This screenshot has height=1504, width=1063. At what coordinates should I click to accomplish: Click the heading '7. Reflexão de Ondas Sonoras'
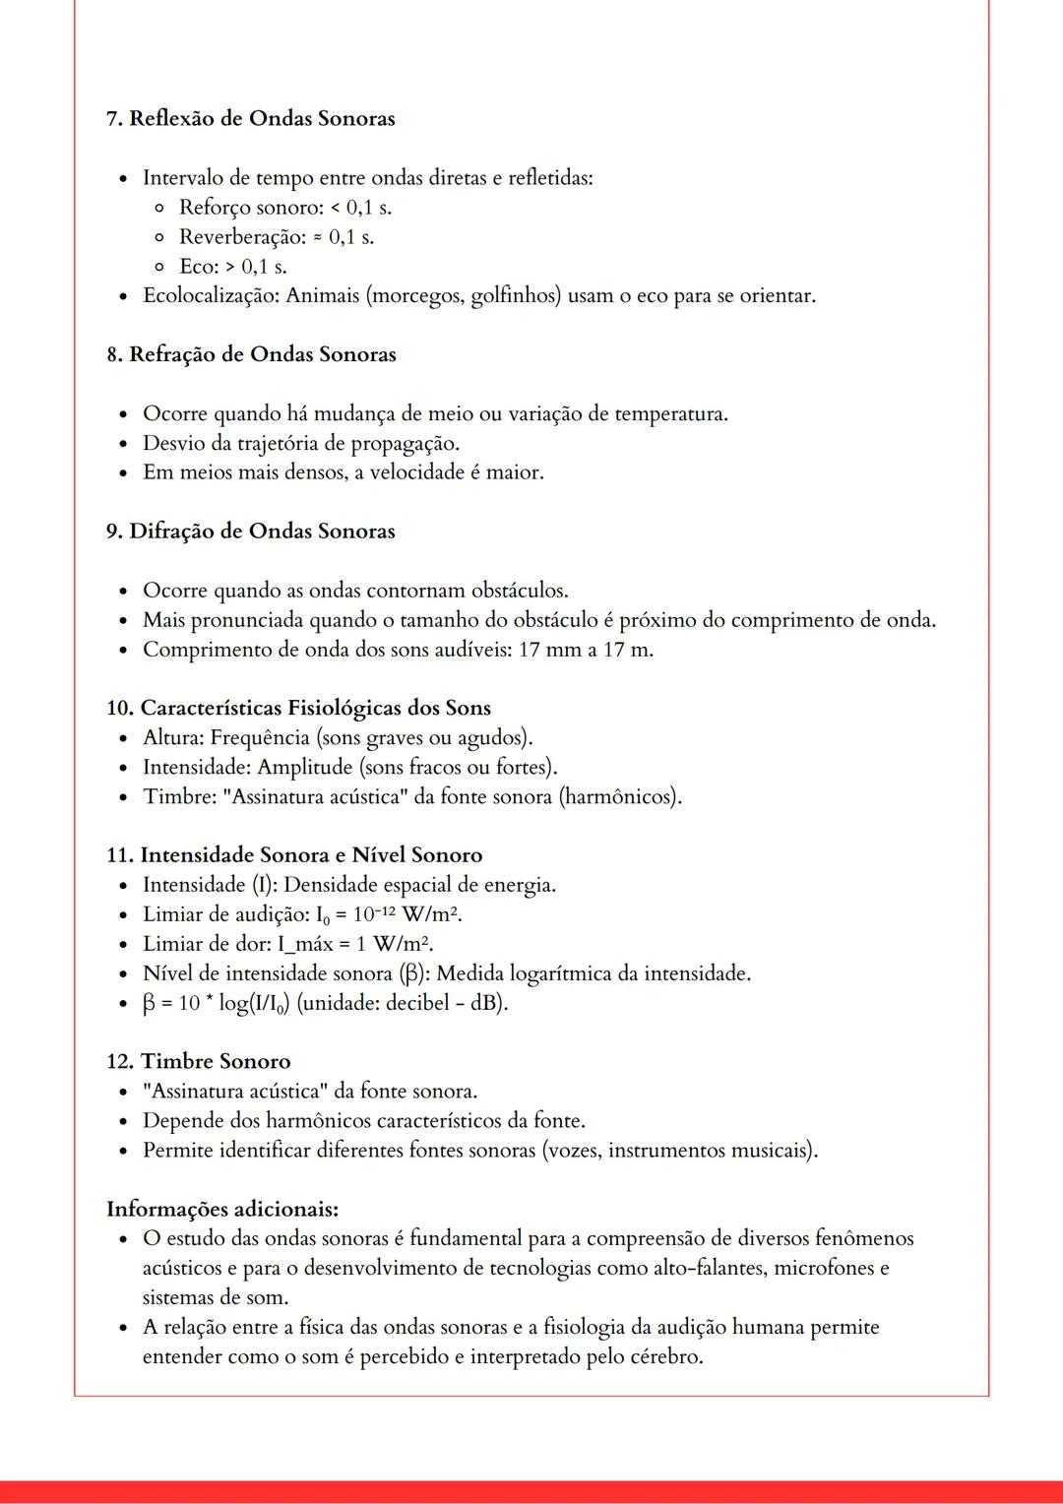click(x=250, y=118)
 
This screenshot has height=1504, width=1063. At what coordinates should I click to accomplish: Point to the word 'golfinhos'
click(x=513, y=295)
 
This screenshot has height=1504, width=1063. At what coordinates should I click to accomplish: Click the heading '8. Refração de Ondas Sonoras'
click(x=251, y=354)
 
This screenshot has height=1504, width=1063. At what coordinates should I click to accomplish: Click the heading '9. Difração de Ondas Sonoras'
click(x=250, y=532)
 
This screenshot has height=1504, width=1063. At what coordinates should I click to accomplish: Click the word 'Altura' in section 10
click(x=172, y=737)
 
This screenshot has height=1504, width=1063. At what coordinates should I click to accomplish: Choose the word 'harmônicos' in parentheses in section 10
click(x=620, y=796)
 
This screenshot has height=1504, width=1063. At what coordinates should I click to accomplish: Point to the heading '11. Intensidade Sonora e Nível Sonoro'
click(x=293, y=855)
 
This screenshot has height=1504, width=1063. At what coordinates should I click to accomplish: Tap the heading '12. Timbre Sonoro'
click(x=198, y=1061)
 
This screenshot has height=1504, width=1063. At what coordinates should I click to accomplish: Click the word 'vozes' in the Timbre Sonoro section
click(x=574, y=1150)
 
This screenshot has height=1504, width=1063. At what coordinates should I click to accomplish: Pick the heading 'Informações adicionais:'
click(x=222, y=1209)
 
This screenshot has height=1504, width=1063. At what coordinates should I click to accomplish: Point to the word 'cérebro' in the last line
click(x=666, y=1356)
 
